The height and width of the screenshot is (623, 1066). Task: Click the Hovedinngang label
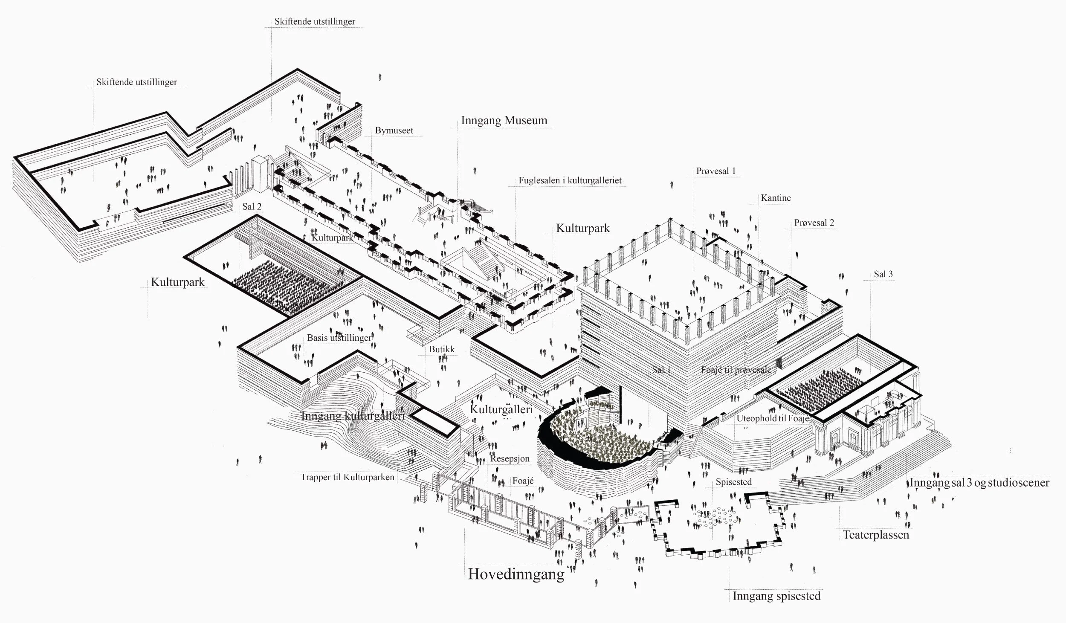pos(516,574)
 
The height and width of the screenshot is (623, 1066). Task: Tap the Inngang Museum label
pos(504,120)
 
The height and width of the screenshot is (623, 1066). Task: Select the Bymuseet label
pos(394,130)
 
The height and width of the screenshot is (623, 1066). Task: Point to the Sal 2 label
pos(252,207)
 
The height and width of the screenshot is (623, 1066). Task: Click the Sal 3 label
pos(883,274)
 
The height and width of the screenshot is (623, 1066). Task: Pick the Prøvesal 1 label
pos(716,171)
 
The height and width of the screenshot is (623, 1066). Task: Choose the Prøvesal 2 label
pos(814,223)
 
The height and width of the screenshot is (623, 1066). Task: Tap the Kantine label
pos(776,198)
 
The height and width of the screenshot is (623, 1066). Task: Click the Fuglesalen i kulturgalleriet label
pos(570,180)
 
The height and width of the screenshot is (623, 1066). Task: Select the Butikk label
pos(442,349)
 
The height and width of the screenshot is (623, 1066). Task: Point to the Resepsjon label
pos(510,459)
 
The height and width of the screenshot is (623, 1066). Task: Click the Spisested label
pos(733,482)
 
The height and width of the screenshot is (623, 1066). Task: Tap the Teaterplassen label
pos(876,535)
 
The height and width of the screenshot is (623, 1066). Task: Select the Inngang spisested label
pos(776,596)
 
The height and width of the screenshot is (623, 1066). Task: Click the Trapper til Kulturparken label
pos(348,477)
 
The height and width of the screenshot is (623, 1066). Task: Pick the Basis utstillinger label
pos(339,338)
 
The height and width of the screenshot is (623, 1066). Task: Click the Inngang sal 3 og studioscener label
pos(979,483)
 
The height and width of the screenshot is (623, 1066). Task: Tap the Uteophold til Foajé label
pos(773,418)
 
